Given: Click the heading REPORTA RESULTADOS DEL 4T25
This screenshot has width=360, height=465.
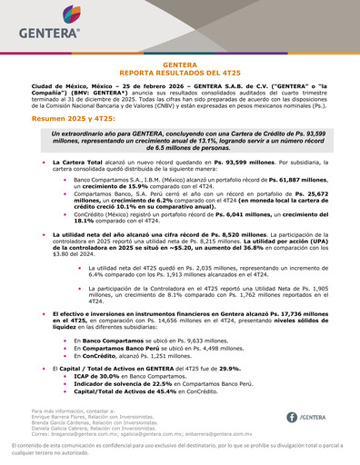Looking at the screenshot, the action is tap(179, 71).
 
